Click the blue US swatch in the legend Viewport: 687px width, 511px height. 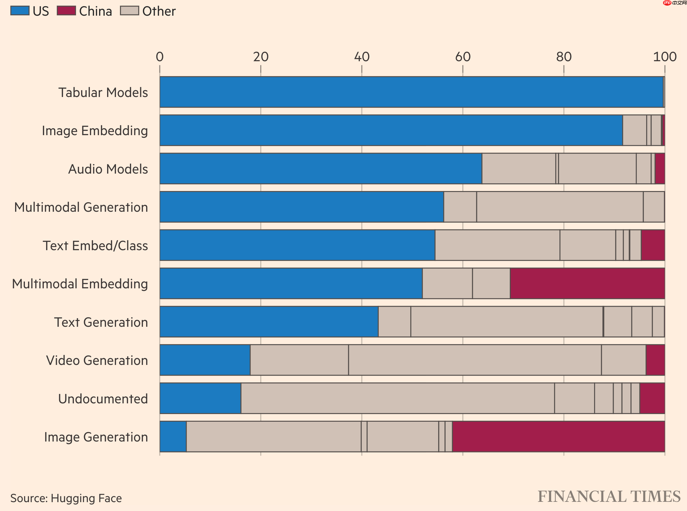point(20,11)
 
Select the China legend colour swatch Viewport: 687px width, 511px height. point(66,11)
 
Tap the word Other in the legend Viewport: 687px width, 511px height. point(159,11)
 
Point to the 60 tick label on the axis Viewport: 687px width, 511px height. point(463,56)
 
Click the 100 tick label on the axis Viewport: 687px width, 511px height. point(665,56)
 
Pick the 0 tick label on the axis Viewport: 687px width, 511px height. point(160,56)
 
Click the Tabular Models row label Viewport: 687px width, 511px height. point(103,92)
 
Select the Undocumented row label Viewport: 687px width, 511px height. point(103,398)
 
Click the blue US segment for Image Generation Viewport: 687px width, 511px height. point(173,436)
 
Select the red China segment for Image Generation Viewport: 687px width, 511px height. point(558,436)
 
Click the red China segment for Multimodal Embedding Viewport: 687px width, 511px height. point(587,283)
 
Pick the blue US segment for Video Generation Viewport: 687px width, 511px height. point(205,360)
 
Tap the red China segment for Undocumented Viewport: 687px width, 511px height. point(652,398)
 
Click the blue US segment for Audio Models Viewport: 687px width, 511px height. point(321,169)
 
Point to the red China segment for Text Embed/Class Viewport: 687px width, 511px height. point(653,245)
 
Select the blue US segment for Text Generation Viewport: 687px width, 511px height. point(269,322)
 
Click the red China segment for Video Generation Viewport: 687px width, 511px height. point(655,360)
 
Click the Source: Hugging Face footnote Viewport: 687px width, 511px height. point(66,498)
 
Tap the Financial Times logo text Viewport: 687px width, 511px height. point(609,497)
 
